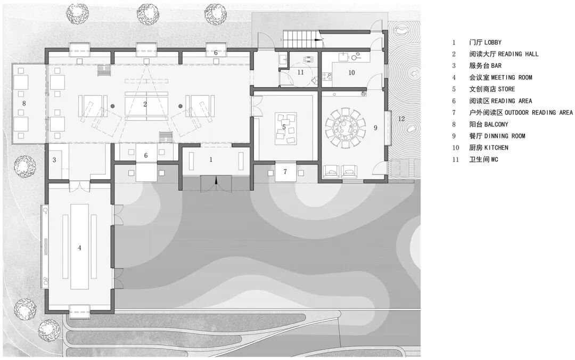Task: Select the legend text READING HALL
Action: (x=518, y=54)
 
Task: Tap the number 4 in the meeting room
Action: (x=79, y=248)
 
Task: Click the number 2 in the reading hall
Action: (x=145, y=104)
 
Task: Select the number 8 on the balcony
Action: (x=24, y=103)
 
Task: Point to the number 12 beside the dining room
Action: (x=401, y=119)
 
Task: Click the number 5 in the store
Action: (x=284, y=127)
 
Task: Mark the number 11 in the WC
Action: (x=301, y=72)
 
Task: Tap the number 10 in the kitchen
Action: (x=351, y=72)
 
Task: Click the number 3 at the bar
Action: (x=54, y=160)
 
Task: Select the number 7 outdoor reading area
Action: (x=285, y=171)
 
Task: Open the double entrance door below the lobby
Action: (x=216, y=183)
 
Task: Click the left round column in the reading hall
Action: (x=113, y=106)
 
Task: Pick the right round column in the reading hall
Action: (x=180, y=106)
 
